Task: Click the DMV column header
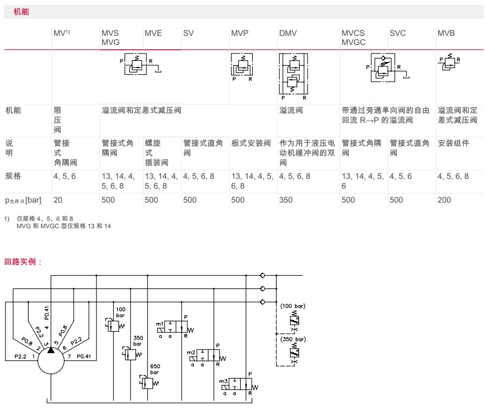point(287,33)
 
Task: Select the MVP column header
point(239,33)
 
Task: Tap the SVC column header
point(397,33)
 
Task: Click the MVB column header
point(446,33)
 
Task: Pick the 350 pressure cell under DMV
point(286,200)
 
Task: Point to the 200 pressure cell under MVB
point(444,200)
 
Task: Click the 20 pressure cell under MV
point(58,200)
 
